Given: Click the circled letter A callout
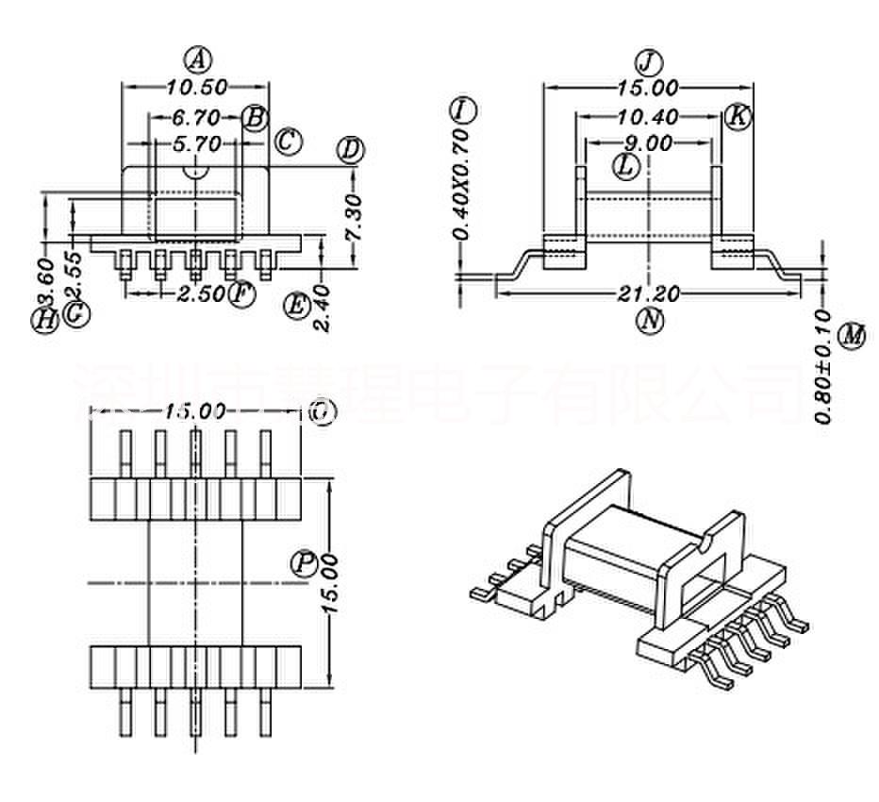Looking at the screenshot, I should (197, 60).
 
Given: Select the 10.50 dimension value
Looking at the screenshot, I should (197, 88).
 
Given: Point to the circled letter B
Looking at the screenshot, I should (254, 118).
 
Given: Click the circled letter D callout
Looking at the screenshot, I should (351, 151).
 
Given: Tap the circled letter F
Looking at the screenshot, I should (242, 294).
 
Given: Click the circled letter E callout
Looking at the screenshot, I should (296, 306).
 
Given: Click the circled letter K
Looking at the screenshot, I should (738, 117).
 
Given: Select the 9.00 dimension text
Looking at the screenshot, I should (647, 144).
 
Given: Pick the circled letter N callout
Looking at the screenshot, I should (649, 321).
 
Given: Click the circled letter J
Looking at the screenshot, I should (648, 62).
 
